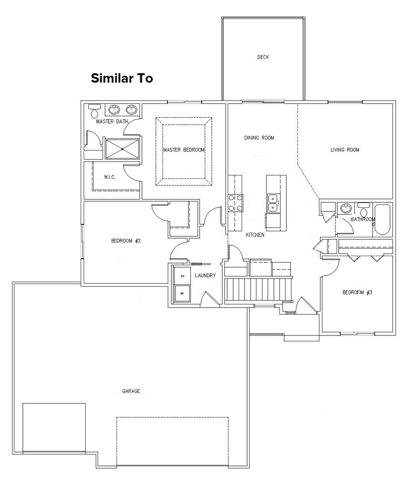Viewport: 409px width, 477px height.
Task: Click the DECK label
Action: pos(263,57)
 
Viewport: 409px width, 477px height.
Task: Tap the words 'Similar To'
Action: pos(122,78)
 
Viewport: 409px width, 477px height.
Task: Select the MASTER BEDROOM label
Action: pos(184,150)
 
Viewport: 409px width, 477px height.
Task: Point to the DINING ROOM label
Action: pos(259,138)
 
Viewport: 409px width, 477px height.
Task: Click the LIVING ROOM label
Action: pos(345,150)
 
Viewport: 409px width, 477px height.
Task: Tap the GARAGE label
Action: pos(131,391)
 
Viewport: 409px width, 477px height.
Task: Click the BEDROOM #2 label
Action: pos(126,241)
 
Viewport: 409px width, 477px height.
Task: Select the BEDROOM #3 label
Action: pos(357,293)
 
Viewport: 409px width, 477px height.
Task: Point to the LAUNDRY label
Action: pos(205,276)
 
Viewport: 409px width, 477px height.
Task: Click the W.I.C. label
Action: pos(110,177)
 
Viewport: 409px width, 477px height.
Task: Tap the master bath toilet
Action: pos(94,111)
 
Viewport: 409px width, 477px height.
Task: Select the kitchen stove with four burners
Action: pos(235,202)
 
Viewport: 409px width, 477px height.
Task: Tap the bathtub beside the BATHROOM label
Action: pos(383,219)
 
